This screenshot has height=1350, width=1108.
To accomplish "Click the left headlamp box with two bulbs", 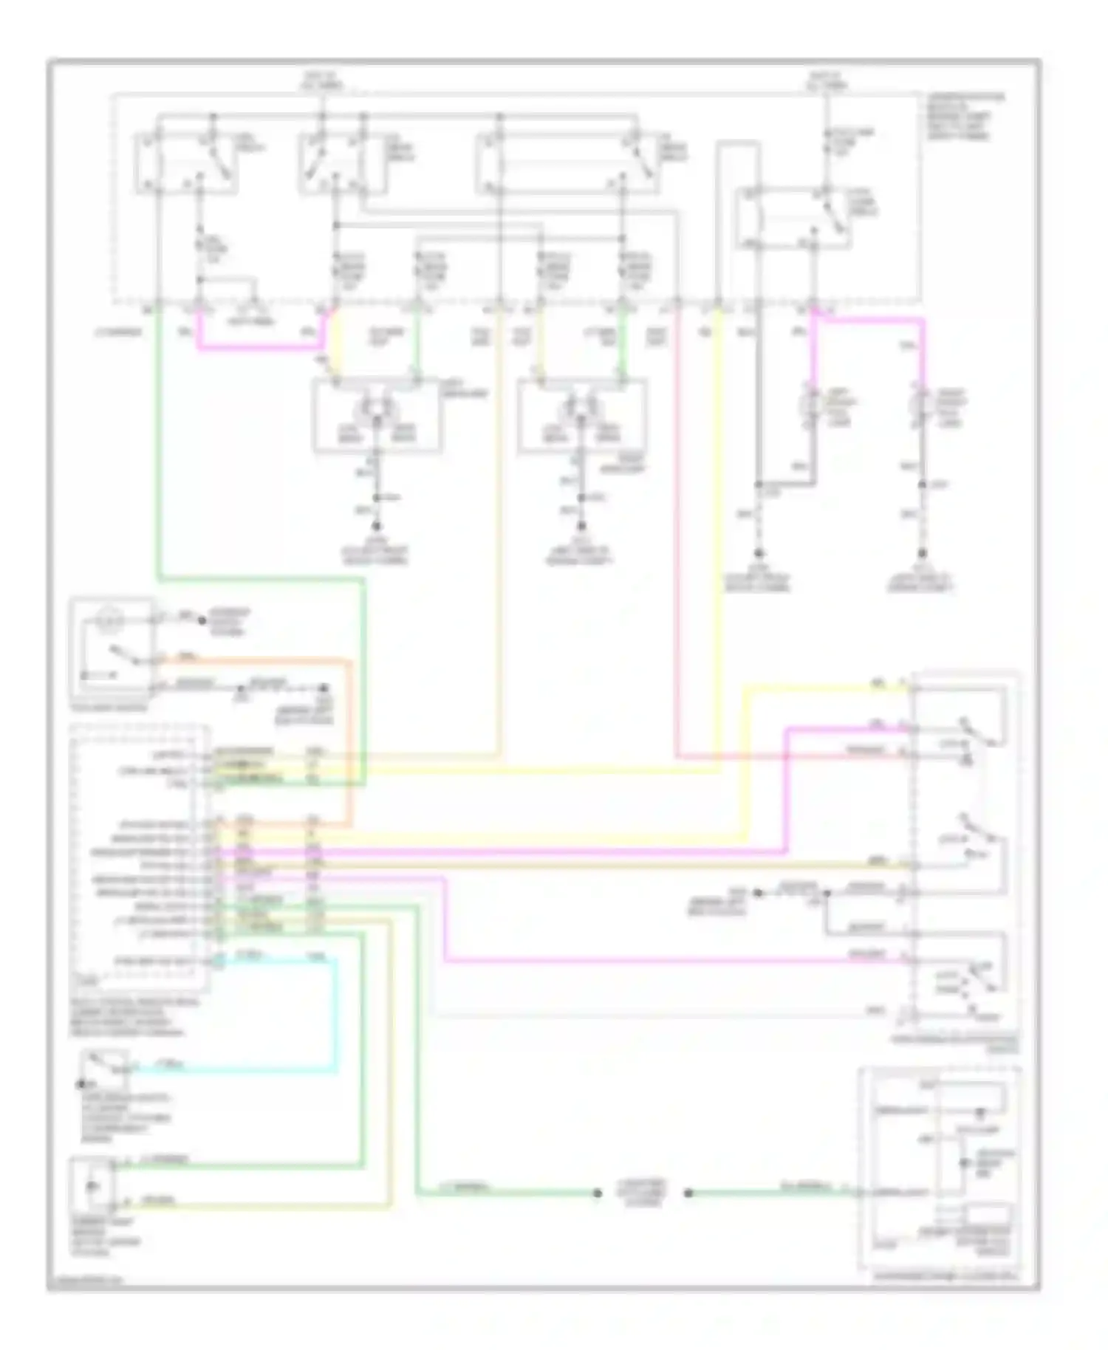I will (377, 416).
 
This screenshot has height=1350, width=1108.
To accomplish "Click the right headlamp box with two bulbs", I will (582, 416).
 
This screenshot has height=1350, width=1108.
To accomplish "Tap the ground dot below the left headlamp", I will (376, 527).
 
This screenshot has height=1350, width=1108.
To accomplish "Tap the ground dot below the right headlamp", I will (581, 527).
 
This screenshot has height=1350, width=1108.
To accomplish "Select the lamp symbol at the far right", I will (921, 405).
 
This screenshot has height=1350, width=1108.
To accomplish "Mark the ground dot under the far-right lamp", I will (922, 553).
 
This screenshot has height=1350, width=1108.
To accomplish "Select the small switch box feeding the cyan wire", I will (105, 1069).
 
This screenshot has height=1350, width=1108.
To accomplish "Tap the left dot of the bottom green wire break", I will (598, 1193).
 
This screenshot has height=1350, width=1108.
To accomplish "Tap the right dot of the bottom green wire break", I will (688, 1193).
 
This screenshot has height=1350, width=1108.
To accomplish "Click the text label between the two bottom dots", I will (643, 1192).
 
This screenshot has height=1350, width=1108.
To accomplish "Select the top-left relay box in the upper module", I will (186, 162).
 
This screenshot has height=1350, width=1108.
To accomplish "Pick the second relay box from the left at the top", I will (332, 162).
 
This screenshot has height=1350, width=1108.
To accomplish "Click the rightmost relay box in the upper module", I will (794, 219).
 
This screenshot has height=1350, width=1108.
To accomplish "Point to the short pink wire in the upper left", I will (259, 345).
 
